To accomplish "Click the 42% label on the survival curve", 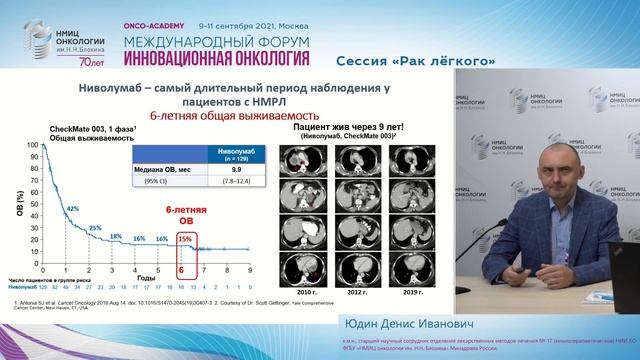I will (x=72, y=208).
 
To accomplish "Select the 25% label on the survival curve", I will (x=95, y=228).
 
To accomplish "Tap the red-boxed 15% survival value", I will (x=184, y=238).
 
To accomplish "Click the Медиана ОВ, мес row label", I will (x=169, y=170).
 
